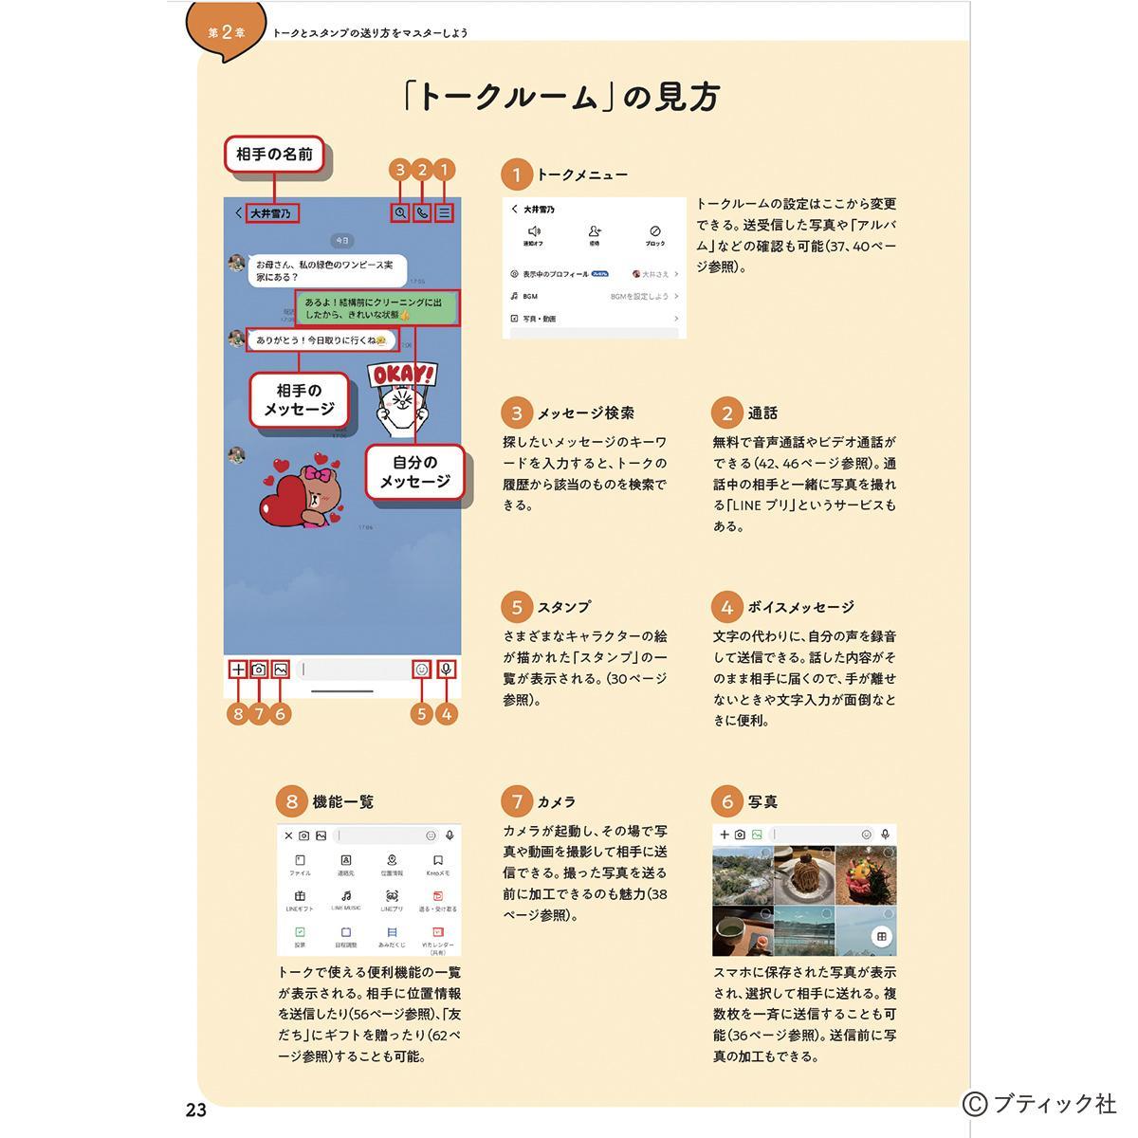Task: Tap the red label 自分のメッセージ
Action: pos(414,472)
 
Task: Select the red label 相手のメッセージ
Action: pos(299,399)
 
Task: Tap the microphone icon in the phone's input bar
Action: pos(447,669)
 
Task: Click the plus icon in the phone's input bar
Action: pos(238,669)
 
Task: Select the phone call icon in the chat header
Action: pos(422,213)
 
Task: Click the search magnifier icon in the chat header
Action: pos(400,213)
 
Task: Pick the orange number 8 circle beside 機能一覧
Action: pos(291,801)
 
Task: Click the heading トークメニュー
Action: pos(581,175)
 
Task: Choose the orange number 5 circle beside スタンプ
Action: pos(517,608)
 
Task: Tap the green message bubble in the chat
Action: pos(378,307)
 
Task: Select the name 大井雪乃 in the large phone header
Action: pos(270,213)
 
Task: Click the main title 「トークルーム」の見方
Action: pos(560,98)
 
